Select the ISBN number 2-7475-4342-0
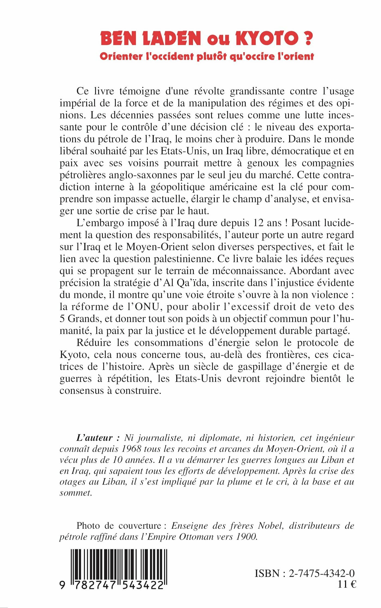point(322,573)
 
